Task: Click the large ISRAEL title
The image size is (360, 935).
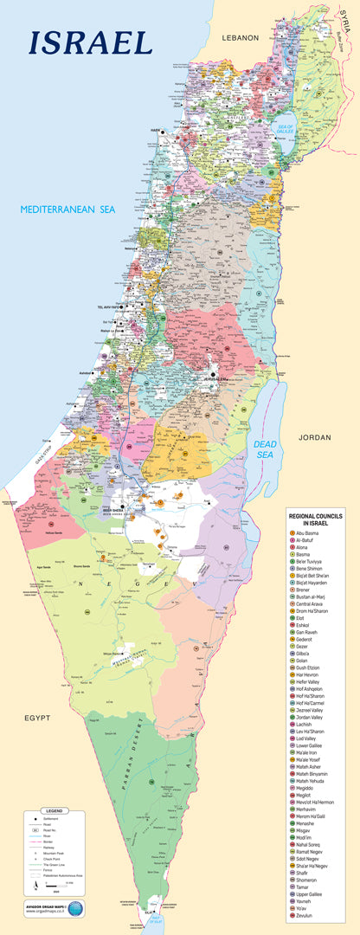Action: tap(91, 42)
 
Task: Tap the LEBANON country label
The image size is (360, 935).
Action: tap(240, 38)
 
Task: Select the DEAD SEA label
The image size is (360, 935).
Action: tap(266, 448)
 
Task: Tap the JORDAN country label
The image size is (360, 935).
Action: tap(314, 436)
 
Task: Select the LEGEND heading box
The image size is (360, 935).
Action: tap(55, 810)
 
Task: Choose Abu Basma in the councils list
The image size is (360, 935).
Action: tap(310, 532)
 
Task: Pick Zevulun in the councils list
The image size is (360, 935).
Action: tap(308, 915)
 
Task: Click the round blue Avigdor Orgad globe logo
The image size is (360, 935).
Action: tap(76, 907)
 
